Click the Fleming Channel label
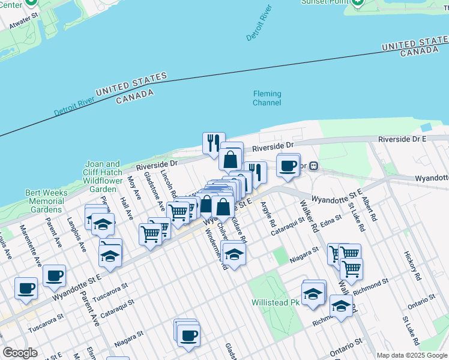tap(267, 98)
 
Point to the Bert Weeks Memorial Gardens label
tap(44, 201)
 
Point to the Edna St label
tap(330, 223)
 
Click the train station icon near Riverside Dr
tap(313, 166)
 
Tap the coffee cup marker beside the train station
tap(288, 165)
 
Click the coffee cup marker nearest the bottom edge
tap(188, 334)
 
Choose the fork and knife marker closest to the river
tap(214, 143)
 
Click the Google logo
tap(20, 352)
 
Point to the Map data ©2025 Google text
tap(412, 355)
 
